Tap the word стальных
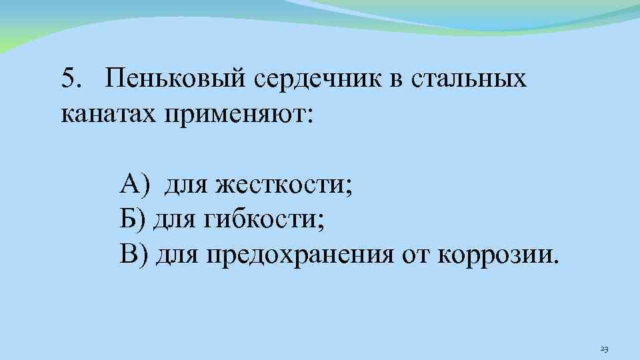[x=469, y=79]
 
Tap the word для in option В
[x=176, y=254]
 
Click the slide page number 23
[x=605, y=349]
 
